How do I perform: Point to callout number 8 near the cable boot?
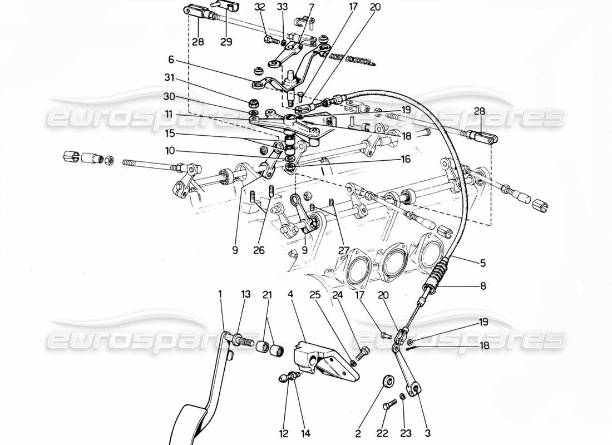pyautogui.click(x=482, y=287)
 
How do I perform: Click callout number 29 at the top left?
pyautogui.click(x=226, y=42)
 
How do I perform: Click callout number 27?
pyautogui.click(x=343, y=251)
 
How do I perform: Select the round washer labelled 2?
pyautogui.click(x=388, y=382)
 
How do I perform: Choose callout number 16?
pyautogui.click(x=406, y=160)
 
